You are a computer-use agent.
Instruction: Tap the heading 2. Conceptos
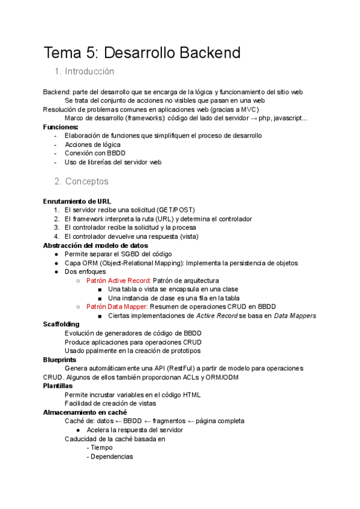coord(82,181)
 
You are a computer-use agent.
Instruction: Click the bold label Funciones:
coord(61,127)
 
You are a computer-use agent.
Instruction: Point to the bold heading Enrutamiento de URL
coord(77,201)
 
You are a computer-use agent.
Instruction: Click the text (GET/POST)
coord(175,210)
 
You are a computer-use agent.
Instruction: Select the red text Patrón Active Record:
coord(118,280)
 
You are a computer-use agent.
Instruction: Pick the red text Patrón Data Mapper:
coord(117,307)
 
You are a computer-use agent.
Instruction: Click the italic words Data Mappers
coord(295,316)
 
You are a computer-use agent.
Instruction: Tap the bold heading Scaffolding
coord(61,324)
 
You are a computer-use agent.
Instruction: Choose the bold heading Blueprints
coord(59,360)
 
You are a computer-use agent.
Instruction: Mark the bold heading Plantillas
coord(58,386)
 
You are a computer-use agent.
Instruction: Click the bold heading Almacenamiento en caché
coord(85,412)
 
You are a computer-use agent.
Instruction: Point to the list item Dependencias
coord(111,456)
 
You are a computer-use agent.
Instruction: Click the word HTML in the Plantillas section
coord(190,394)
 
